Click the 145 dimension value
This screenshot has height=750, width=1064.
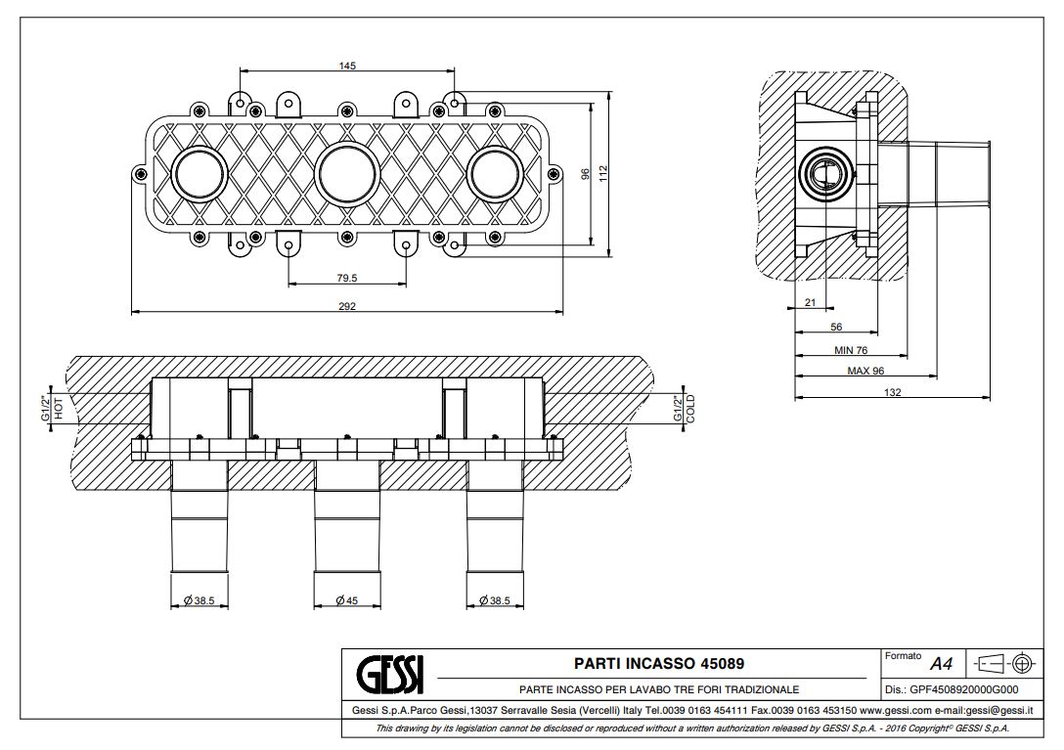point(347,66)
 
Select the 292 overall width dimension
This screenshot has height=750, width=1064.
point(347,306)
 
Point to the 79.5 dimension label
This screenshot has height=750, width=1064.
point(347,278)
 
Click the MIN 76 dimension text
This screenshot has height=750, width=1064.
point(850,350)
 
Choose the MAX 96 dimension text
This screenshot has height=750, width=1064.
point(865,372)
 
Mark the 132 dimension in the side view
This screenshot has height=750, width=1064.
point(892,392)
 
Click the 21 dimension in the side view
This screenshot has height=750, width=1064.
point(810,303)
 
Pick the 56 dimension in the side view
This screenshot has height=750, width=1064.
point(836,327)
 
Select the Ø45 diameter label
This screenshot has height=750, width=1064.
point(346,600)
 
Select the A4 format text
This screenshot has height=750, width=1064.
point(941,664)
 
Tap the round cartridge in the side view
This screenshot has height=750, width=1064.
point(823,176)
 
